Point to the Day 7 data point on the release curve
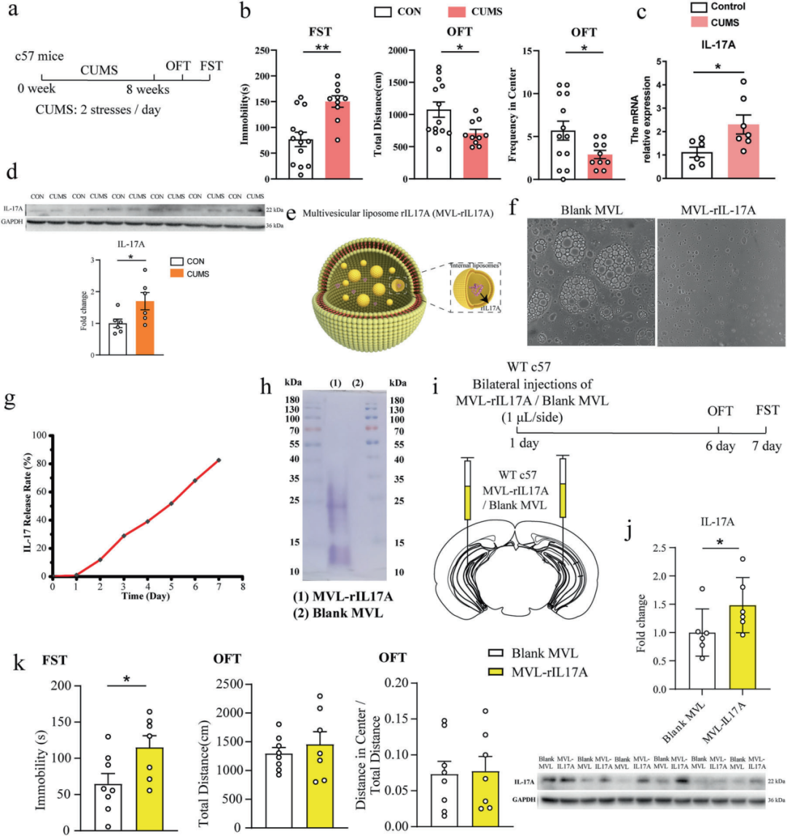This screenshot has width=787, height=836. click(x=219, y=460)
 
